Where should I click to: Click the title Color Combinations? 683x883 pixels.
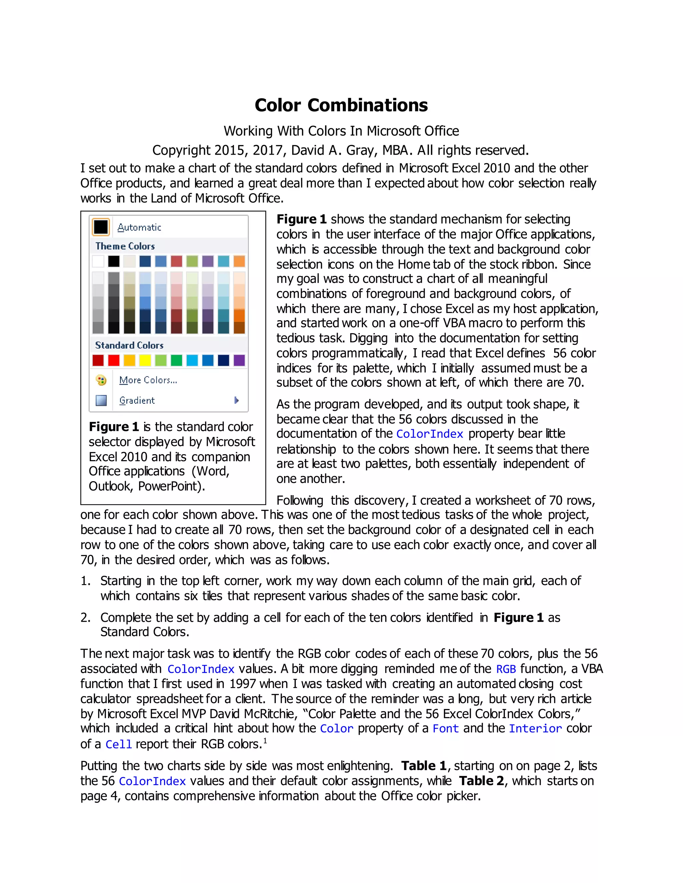[x=341, y=105]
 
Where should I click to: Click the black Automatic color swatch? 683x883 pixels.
[x=101, y=227]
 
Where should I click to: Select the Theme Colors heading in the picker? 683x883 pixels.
[x=125, y=246]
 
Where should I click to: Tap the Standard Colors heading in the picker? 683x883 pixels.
[x=129, y=345]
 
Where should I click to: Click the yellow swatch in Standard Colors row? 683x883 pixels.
[x=145, y=360]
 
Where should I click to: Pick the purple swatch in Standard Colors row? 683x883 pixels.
[x=239, y=360]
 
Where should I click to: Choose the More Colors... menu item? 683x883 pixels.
[x=148, y=380]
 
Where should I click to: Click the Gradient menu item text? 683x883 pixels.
[x=137, y=400]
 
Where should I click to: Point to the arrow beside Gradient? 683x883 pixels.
[x=236, y=400]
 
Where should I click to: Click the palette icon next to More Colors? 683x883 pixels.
[x=101, y=380]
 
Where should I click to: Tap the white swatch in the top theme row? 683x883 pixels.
[x=98, y=261]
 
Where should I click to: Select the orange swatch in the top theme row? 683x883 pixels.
[x=239, y=261]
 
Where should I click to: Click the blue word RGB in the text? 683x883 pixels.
[x=506, y=669]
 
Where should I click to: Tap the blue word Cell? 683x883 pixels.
[x=118, y=744]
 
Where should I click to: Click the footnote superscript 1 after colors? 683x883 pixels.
[x=265, y=741]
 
